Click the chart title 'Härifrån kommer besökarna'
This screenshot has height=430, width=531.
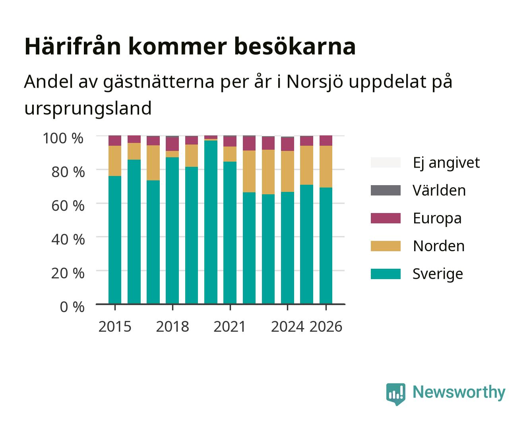point(190,47)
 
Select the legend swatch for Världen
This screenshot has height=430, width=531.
point(386,190)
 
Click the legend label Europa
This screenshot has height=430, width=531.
point(437,219)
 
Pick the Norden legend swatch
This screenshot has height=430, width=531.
point(386,246)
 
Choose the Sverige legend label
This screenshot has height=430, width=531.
point(438,274)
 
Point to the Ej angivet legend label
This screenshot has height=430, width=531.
point(446,163)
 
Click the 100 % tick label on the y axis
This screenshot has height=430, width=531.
point(63,138)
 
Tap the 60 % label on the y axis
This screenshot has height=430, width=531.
point(68,206)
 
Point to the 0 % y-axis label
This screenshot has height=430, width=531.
point(72,307)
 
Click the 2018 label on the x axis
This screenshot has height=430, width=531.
point(172,326)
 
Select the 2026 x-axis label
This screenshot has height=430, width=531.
point(326,326)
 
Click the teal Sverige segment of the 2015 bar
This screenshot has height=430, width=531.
point(115,240)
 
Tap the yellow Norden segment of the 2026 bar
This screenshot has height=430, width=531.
point(326,166)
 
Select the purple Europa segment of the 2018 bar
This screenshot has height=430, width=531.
point(172,144)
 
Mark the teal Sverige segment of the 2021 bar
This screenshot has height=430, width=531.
point(230,233)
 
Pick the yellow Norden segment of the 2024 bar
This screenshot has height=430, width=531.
point(287,171)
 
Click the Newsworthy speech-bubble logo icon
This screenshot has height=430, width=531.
point(395,394)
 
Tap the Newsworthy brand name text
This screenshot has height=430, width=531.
point(459,393)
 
